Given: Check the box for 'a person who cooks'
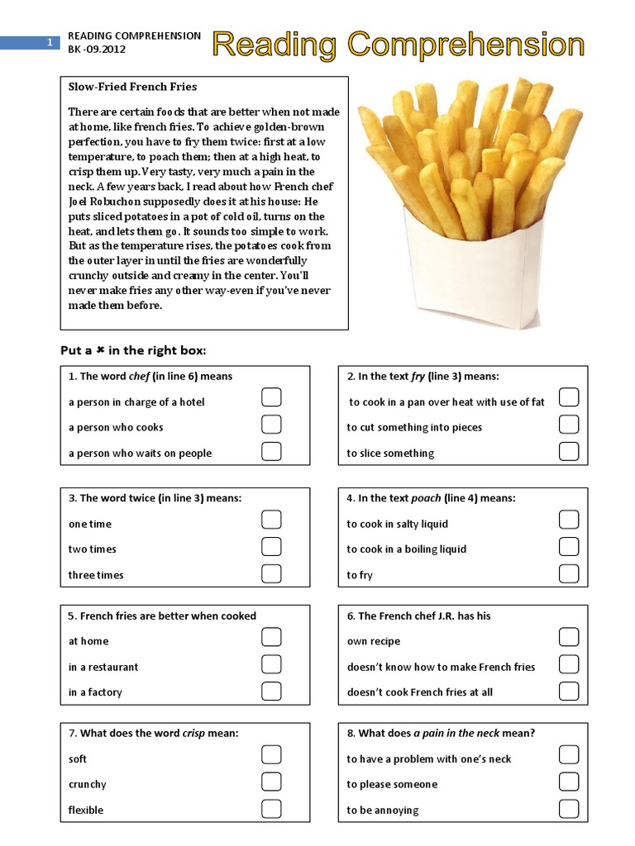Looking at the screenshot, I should (271, 425).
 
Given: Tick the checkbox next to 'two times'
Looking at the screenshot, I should (271, 546).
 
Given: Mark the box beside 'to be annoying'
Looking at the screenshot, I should (568, 808).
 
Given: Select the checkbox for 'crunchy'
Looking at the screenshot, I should (271, 782).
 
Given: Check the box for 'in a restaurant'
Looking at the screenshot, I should (271, 664).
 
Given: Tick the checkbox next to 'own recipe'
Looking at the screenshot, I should (568, 637).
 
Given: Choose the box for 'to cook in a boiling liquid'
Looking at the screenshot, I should (568, 546).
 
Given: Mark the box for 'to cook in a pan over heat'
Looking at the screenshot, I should (568, 398).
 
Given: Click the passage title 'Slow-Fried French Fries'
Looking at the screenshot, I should (132, 87).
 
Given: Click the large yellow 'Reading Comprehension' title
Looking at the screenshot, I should (399, 45).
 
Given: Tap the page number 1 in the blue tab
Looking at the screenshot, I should (50, 42).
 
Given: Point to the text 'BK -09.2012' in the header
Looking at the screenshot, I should (98, 50).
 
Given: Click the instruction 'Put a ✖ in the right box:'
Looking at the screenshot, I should (132, 349).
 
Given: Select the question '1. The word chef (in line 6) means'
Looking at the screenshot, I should (150, 377).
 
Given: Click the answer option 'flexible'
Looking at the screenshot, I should (86, 810).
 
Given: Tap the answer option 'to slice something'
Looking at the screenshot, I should (390, 454).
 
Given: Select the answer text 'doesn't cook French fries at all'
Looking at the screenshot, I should (419, 692).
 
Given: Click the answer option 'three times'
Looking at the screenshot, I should (96, 575).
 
